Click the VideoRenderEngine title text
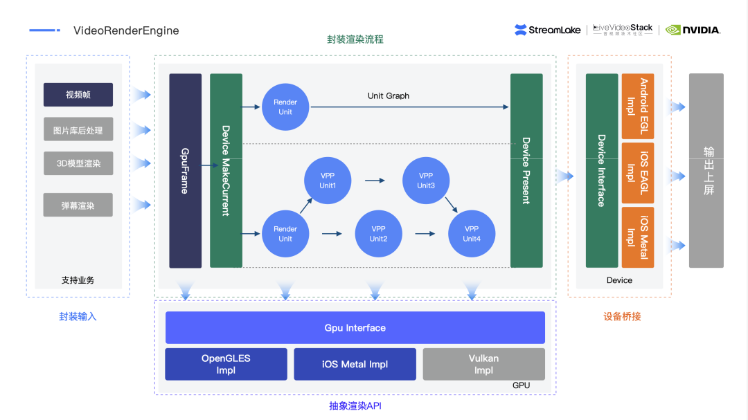(125, 30)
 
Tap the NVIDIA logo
(693, 30)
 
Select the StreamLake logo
(549, 30)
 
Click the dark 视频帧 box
(78, 95)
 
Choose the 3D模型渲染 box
(78, 163)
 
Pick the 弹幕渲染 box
(78, 205)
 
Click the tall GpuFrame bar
(185, 170)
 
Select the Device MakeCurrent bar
(226, 170)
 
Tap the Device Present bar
(526, 170)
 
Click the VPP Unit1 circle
(328, 181)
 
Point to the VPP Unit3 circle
(426, 181)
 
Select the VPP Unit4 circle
(472, 234)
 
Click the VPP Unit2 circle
(378, 234)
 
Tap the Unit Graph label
(389, 95)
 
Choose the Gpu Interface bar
(355, 328)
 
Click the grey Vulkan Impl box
(483, 364)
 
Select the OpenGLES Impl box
(226, 364)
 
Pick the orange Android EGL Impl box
(638, 106)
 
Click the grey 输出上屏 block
(706, 170)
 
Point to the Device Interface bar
(601, 170)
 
